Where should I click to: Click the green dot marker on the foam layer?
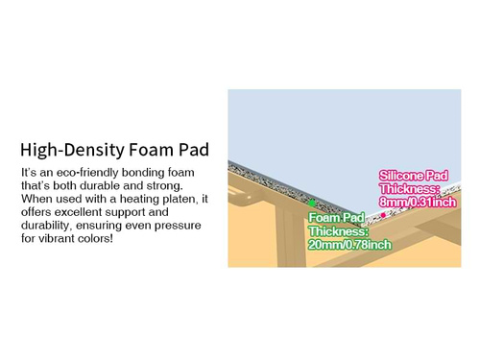pyautogui.click(x=311, y=203)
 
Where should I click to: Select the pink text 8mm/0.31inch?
pyautogui.click(x=417, y=203)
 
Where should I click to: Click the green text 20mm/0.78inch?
pyautogui.click(x=350, y=245)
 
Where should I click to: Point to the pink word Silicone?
pyautogui.click(x=402, y=176)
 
